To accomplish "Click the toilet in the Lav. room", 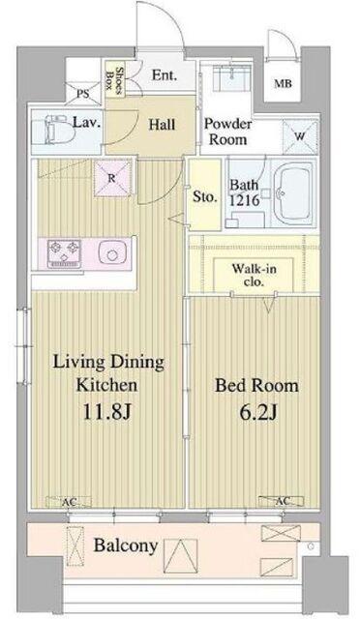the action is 56,130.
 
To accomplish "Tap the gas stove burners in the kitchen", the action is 64,253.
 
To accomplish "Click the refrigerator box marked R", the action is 112,179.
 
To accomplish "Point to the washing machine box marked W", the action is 300,136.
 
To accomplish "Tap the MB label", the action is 283,84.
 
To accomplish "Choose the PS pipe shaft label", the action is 83,94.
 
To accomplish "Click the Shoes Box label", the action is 114,79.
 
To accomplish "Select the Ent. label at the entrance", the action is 165,75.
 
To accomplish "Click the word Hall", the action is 162,125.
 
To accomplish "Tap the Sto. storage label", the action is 205,196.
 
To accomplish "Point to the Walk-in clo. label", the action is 254,276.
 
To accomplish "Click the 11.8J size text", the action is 106,412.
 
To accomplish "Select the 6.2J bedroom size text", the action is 257,413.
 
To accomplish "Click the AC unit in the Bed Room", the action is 282,501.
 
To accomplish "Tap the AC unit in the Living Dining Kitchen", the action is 69,502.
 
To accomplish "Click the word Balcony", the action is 126,545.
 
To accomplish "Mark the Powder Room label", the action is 227,132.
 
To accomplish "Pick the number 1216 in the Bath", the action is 245,200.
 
